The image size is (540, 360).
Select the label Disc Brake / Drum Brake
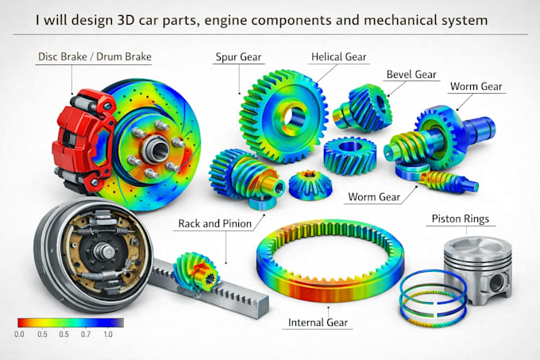point(94,56)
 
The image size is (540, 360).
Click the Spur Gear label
point(238,57)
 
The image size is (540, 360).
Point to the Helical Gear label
point(338,57)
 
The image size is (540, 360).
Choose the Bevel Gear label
point(411,75)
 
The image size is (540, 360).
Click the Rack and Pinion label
point(215,224)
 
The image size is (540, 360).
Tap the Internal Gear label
point(318,323)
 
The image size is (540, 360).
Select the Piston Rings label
point(461,219)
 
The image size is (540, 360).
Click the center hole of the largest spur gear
point(293,117)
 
